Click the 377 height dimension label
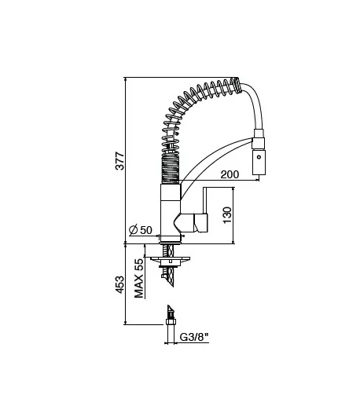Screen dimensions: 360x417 pos(119,161)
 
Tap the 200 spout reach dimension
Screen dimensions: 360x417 pos(230,174)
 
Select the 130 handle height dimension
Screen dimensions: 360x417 pos(227,215)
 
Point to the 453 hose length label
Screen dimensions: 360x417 pos(119,284)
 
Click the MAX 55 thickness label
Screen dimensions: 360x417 pos(138,278)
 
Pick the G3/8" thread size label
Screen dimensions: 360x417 pos(193,337)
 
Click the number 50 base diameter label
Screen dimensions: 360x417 pos(146,230)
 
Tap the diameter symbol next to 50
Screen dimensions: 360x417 pos(133,230)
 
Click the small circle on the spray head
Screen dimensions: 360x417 pos(259,157)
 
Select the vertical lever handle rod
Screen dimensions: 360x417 pos(205,200)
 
